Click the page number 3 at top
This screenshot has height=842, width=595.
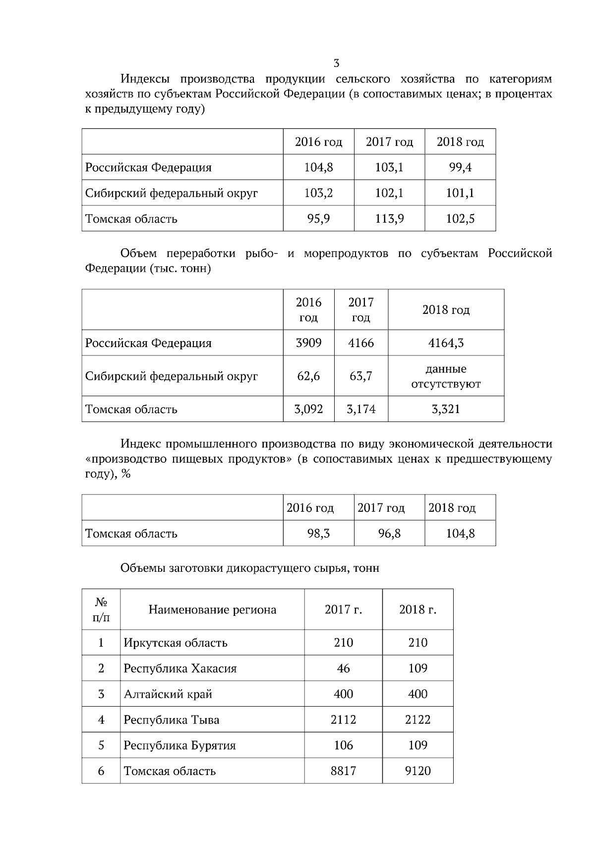click(337, 63)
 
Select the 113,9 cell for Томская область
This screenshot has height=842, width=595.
click(389, 219)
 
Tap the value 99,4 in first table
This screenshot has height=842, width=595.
click(460, 167)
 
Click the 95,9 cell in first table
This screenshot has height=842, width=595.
click(318, 219)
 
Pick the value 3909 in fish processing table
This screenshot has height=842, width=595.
click(308, 343)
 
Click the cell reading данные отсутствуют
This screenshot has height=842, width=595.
click(446, 376)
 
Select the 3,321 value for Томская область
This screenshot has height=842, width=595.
click(446, 409)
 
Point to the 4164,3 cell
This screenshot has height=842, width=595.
click(446, 343)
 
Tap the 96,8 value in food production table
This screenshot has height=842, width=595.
click(389, 534)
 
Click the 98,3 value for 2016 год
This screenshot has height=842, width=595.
click(318, 534)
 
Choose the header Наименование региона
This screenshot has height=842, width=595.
click(212, 609)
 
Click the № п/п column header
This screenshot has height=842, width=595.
click(101, 609)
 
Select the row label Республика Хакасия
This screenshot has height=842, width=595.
click(180, 668)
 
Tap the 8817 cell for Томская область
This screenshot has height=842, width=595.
click(343, 771)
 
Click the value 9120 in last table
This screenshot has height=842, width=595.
click(417, 771)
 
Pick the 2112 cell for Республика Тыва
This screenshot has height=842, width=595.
click(343, 720)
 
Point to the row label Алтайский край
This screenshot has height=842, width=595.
click(168, 694)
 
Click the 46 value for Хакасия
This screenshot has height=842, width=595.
click(343, 668)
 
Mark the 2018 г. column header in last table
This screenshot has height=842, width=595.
click(417, 609)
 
